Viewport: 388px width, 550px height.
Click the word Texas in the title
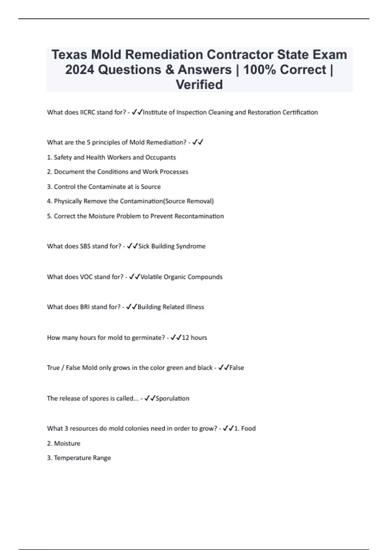point(70,55)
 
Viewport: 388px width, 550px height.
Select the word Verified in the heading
point(199,84)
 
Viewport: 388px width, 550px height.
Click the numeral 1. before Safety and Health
point(49,157)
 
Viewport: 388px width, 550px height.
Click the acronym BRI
point(85,307)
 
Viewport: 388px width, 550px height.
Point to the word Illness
point(195,307)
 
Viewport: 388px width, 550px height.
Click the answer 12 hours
point(194,338)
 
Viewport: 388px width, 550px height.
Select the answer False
point(237,368)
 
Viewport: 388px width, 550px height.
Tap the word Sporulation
point(173,399)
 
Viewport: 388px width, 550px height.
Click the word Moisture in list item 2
point(67,444)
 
